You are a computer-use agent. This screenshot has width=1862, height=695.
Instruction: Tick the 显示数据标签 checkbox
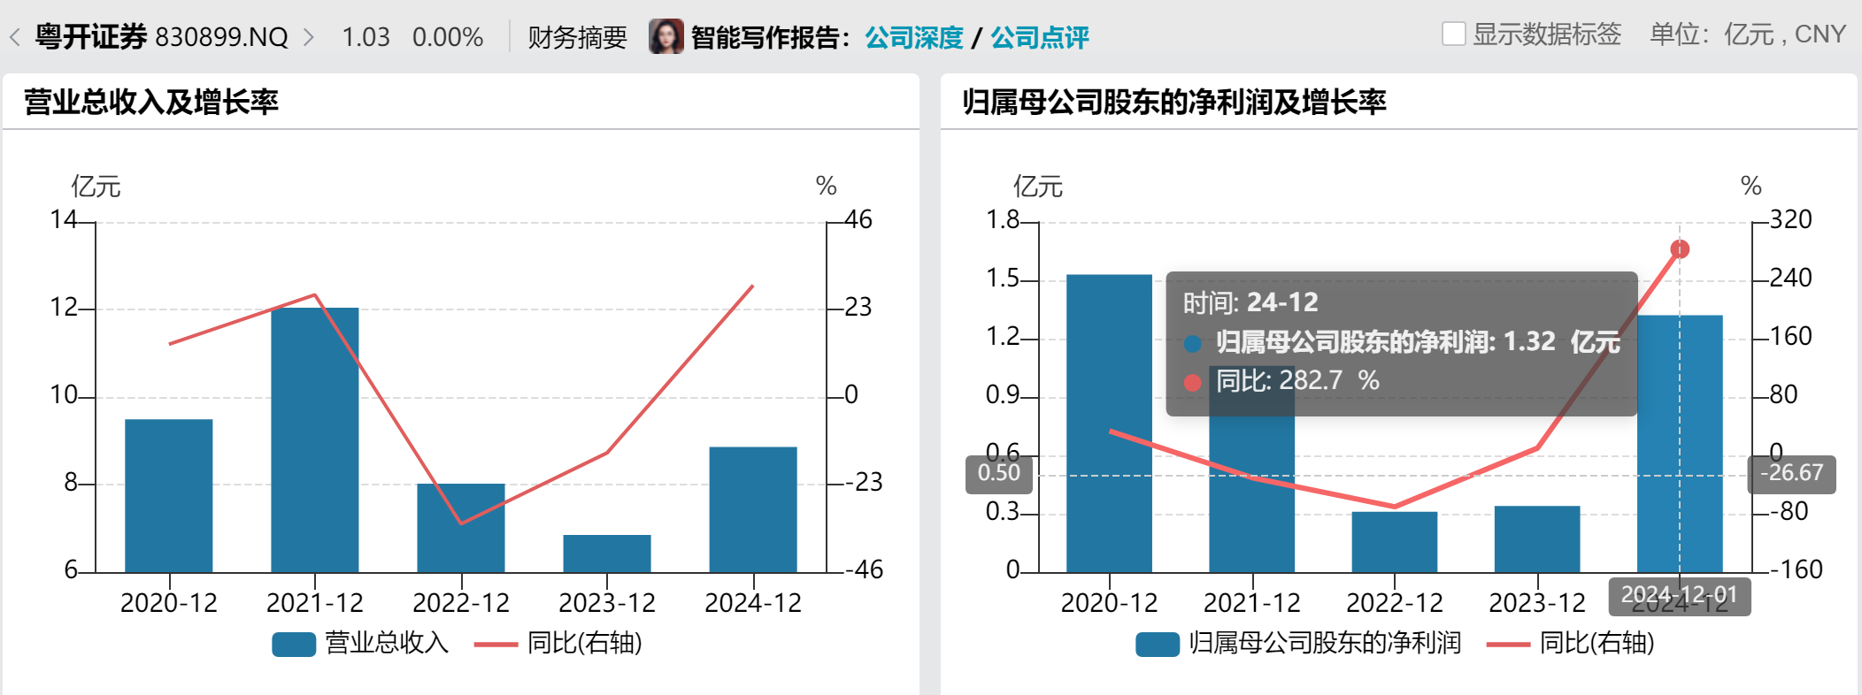pyautogui.click(x=1453, y=34)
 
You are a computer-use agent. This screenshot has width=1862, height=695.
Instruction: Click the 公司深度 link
pyautogui.click(x=913, y=37)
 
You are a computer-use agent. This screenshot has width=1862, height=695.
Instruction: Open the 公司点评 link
pyautogui.click(x=1039, y=37)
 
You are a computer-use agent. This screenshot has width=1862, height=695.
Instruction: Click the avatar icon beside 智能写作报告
pyautogui.click(x=666, y=36)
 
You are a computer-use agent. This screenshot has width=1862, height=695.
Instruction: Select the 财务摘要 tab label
pyautogui.click(x=577, y=37)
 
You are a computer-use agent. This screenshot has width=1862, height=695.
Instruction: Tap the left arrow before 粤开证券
pyautogui.click(x=14, y=37)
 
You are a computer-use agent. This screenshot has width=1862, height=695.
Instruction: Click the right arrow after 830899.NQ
pyautogui.click(x=309, y=37)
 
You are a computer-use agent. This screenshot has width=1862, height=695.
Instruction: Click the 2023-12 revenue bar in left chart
pyautogui.click(x=606, y=554)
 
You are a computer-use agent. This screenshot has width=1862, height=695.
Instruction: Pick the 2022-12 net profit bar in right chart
pyautogui.click(x=1394, y=541)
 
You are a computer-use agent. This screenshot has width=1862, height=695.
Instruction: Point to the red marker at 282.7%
pyautogui.click(x=1680, y=249)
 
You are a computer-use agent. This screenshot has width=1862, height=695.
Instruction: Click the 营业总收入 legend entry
pyautogui.click(x=361, y=643)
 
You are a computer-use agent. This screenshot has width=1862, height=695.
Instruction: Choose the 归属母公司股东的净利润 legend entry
pyautogui.click(x=1298, y=643)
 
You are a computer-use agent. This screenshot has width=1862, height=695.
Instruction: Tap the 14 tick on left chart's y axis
pyautogui.click(x=63, y=219)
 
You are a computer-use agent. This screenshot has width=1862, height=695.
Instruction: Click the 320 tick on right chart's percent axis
pyautogui.click(x=1790, y=219)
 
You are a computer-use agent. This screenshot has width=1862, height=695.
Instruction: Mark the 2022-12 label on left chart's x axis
pyautogui.click(x=460, y=603)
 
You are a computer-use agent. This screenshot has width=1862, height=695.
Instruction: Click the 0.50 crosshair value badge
pyautogui.click(x=998, y=473)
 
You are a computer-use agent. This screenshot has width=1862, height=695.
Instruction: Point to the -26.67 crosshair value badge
pyautogui.click(x=1791, y=473)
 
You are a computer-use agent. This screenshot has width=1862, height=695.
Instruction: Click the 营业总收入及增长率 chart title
pyautogui.click(x=150, y=102)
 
